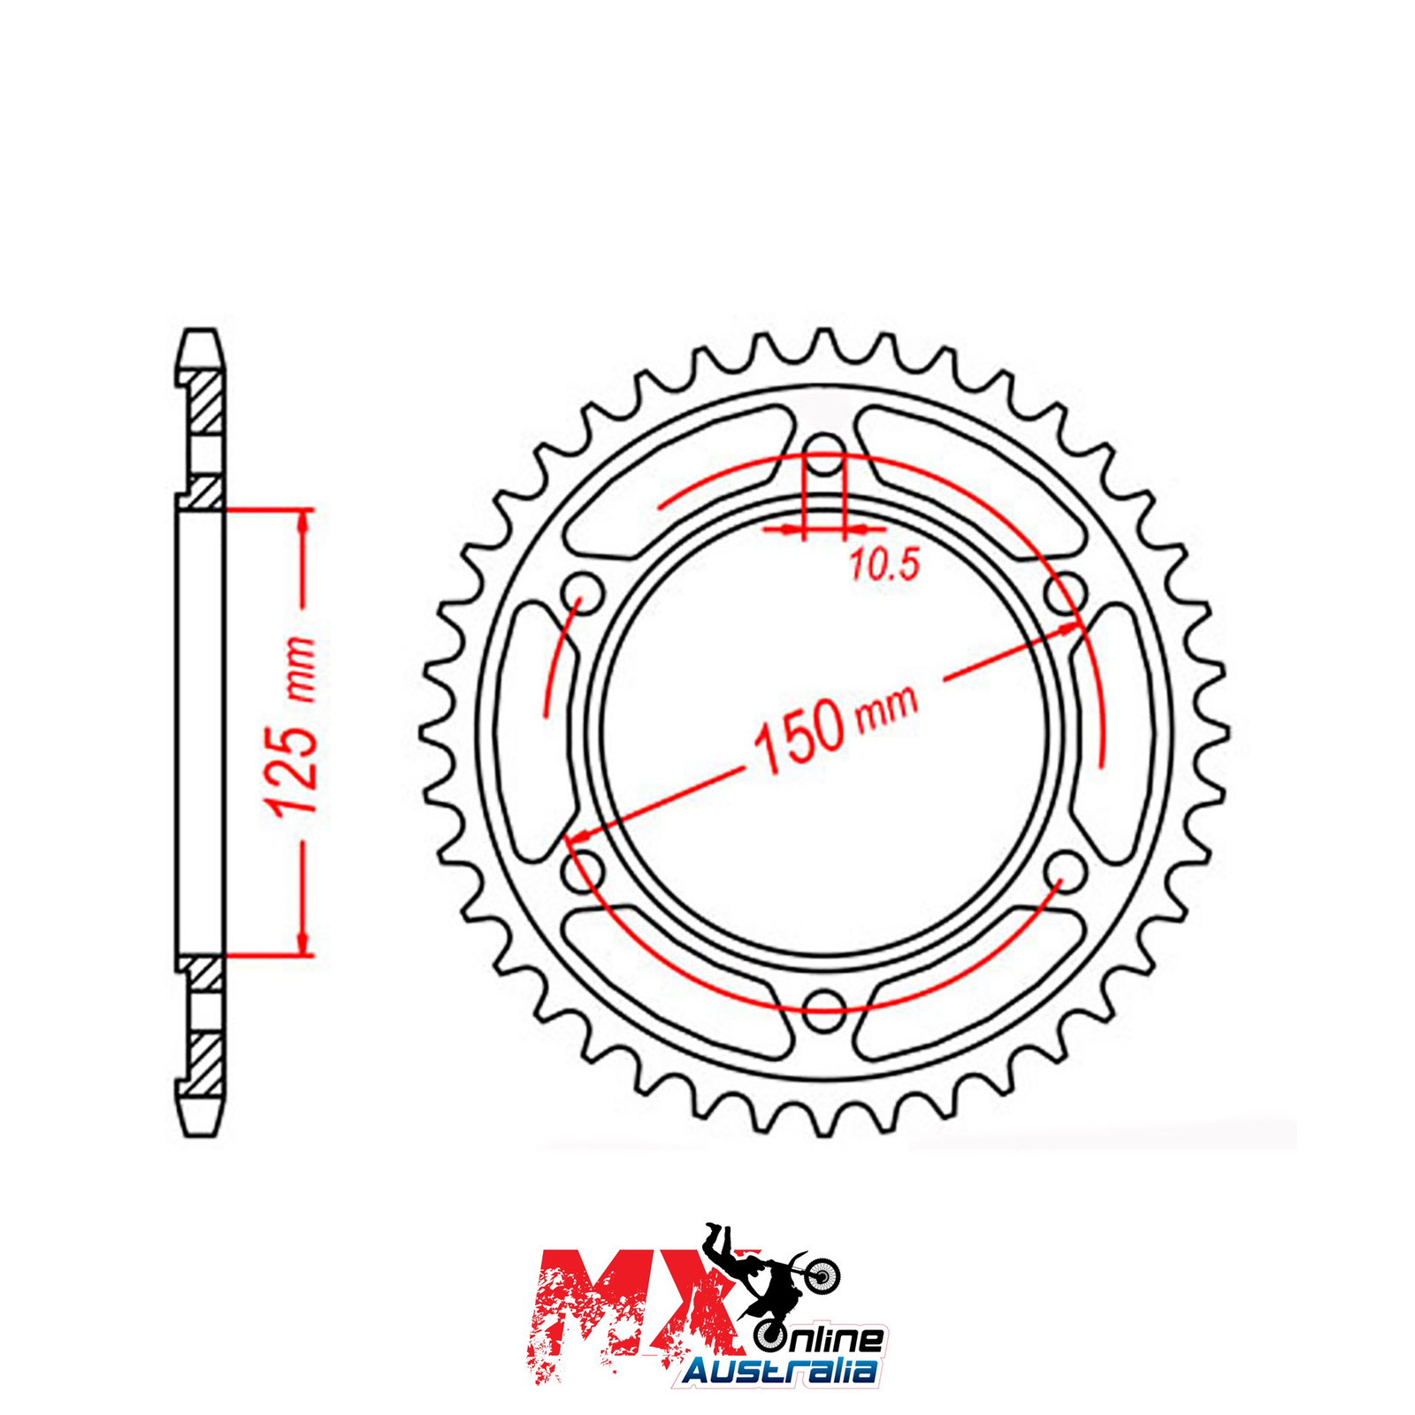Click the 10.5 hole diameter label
pyautogui.click(x=885, y=563)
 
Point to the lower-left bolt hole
pyautogui.click(x=582, y=871)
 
